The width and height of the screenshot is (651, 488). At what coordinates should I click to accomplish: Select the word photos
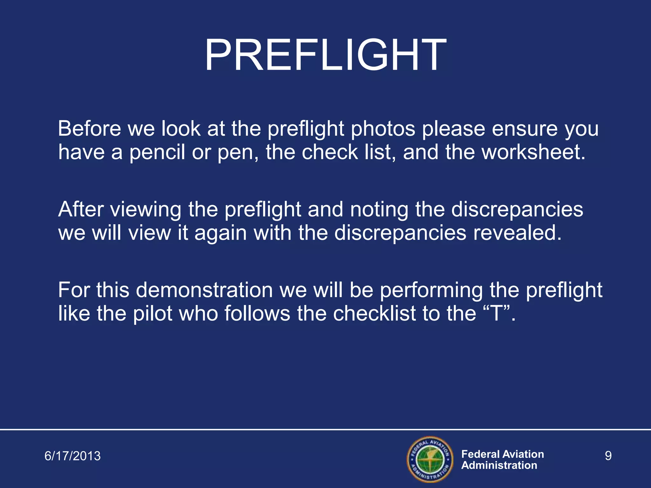pos(383,129)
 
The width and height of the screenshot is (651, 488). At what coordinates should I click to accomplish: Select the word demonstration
pos(204,290)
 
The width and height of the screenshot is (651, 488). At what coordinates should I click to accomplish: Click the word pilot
pos(153,314)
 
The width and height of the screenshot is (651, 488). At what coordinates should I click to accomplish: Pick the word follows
pos(257,314)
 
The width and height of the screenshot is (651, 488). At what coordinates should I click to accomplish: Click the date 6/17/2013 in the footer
pos(72,456)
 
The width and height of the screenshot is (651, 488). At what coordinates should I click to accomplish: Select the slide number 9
pos(608,456)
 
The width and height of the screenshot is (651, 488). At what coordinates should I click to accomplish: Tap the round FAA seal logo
pos(430,459)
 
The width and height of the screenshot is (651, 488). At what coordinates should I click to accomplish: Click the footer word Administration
pos(499,465)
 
